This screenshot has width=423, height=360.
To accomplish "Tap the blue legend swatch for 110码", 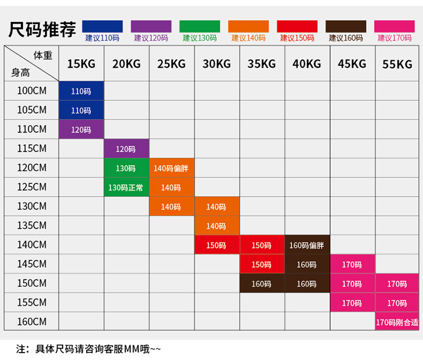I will click(102, 26).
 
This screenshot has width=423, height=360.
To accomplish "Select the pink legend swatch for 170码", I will click(394, 26).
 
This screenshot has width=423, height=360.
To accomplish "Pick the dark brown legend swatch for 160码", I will click(346, 26).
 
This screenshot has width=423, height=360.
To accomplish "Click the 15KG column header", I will click(81, 64).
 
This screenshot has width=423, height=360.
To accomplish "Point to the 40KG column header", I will click(307, 64).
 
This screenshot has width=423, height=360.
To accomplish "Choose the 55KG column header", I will click(397, 64).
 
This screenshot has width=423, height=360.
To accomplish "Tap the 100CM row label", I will click(32, 91).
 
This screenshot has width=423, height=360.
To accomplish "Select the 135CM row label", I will click(32, 225).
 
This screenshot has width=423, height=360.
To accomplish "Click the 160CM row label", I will click(32, 322).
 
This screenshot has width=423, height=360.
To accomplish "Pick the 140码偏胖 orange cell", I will click(171, 168).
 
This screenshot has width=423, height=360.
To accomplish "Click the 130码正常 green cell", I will click(126, 188).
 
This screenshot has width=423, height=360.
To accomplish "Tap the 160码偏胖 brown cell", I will click(307, 245).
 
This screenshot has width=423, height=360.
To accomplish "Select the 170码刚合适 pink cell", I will click(397, 322).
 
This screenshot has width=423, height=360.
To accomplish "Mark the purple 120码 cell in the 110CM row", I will click(81, 130).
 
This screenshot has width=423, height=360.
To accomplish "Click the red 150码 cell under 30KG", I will click(217, 245).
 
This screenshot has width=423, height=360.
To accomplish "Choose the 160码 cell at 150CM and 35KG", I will click(262, 283).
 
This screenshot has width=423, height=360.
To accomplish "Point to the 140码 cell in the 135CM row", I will click(217, 226).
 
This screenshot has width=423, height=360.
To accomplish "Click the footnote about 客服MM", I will click(90, 349).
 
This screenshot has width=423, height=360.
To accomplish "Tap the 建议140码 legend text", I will click(248, 38).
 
